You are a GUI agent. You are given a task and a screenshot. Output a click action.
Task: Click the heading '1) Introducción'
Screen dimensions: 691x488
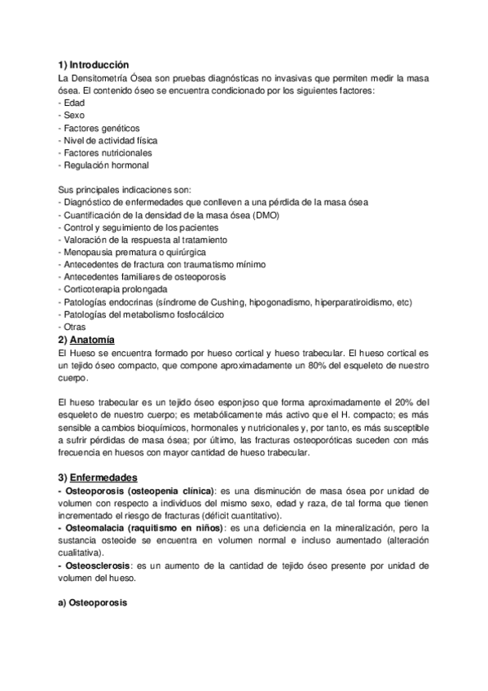[x=94, y=64]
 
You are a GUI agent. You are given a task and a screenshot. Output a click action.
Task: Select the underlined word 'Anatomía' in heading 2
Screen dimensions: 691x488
[x=93, y=339]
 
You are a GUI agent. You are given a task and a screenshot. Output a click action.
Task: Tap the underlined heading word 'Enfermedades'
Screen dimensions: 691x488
[x=103, y=476]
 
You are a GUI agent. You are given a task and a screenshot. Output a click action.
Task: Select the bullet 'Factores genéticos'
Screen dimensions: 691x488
[x=99, y=128]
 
